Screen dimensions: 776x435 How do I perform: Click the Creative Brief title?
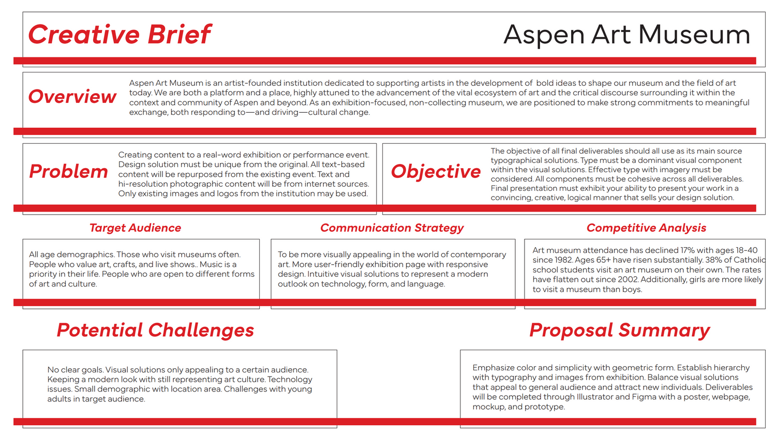(x=120, y=34)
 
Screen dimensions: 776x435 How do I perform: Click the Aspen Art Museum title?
(x=626, y=35)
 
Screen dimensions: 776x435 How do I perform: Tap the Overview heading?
(x=72, y=96)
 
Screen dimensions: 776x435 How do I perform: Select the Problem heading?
(x=69, y=171)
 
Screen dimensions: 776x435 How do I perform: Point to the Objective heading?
(x=436, y=172)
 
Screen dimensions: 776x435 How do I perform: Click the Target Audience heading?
(x=135, y=228)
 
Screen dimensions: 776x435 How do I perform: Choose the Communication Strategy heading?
(x=392, y=228)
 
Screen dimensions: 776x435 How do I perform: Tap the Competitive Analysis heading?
(x=646, y=228)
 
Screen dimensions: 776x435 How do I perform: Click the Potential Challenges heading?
(x=155, y=330)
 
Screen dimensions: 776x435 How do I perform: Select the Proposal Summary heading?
(x=619, y=331)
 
